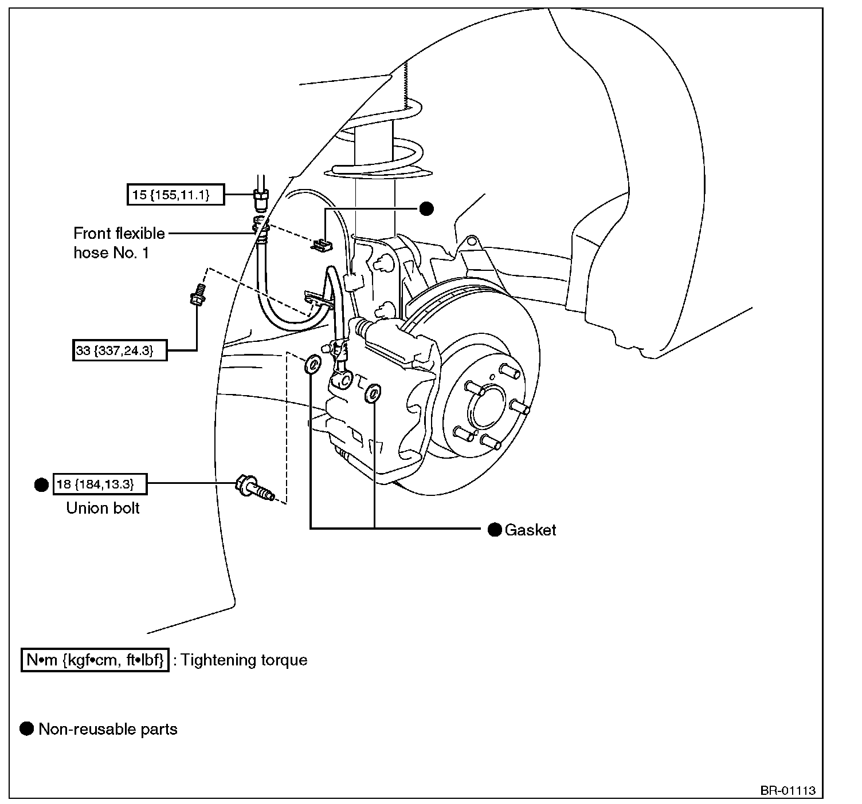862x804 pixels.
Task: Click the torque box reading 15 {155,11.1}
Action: click(176, 194)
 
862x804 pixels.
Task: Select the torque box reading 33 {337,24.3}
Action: click(120, 350)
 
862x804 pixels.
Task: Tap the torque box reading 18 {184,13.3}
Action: click(100, 484)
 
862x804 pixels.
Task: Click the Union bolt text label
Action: click(103, 508)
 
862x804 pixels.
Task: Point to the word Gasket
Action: click(530, 530)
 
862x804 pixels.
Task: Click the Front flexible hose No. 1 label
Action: click(119, 243)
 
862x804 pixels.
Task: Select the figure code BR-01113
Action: click(788, 791)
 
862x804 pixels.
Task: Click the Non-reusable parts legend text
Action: click(108, 730)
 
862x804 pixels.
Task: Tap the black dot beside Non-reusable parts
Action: click(27, 729)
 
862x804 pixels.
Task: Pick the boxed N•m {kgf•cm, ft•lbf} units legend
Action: click(95, 660)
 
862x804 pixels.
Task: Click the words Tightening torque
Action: click(244, 660)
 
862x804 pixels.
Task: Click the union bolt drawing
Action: click(254, 488)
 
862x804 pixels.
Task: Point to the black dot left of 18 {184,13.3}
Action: click(41, 484)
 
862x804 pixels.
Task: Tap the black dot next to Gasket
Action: click(495, 529)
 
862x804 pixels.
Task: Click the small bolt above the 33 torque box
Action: click(198, 294)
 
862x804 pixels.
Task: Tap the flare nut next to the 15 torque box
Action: click(260, 199)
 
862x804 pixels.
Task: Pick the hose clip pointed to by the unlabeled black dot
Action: click(322, 245)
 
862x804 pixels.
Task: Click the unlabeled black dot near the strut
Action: click(426, 208)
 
